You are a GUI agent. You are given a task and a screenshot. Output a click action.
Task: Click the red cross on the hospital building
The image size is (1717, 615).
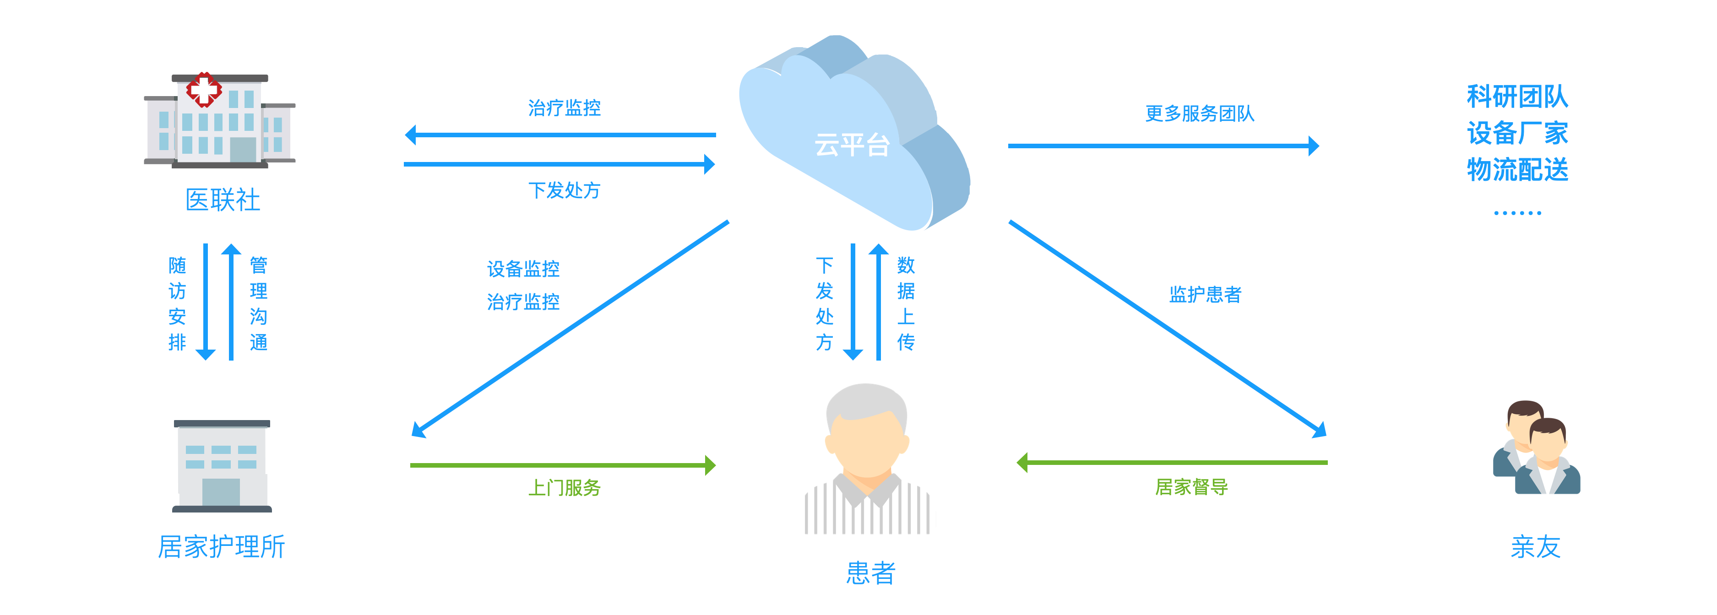204,89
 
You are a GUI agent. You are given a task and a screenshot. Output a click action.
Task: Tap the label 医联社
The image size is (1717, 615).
223,200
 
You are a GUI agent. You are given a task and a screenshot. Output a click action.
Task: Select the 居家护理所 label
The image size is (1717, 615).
221,546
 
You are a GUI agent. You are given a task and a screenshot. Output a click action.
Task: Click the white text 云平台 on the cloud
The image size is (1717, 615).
852,145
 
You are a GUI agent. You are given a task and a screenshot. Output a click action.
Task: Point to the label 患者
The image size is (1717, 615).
870,572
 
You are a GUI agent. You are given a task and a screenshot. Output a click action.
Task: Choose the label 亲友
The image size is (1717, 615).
1536,546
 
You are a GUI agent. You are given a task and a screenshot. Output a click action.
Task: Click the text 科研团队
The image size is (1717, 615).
1517,97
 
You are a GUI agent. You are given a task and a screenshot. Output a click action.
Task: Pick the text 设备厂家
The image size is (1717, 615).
1517,133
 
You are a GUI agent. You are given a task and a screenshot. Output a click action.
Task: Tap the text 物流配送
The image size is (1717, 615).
1517,169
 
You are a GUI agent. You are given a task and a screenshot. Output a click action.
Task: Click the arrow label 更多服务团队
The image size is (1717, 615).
1199,114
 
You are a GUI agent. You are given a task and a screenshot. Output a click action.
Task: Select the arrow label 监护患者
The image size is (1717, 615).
1205,295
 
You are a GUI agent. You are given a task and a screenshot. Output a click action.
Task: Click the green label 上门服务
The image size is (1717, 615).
564,488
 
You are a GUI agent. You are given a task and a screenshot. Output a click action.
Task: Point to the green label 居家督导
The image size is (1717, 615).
1191,487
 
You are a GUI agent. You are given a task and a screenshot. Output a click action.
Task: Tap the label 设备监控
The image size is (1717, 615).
523,269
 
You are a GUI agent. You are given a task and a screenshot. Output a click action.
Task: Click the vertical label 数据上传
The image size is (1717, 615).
906,303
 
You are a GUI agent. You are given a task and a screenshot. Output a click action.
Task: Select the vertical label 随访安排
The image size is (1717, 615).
177,303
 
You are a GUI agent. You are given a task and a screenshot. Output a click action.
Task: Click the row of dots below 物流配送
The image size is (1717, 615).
1517,213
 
